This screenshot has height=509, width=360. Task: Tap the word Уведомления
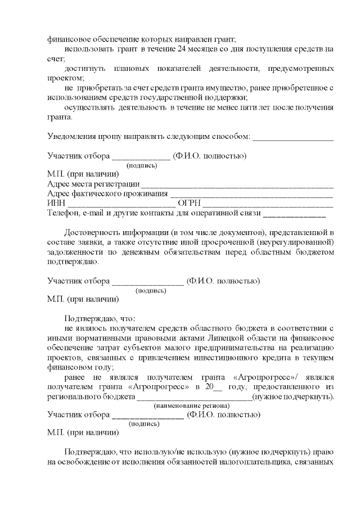pyautogui.click(x=74, y=136)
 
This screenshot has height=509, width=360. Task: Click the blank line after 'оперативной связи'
pyautogui.click(x=294, y=214)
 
